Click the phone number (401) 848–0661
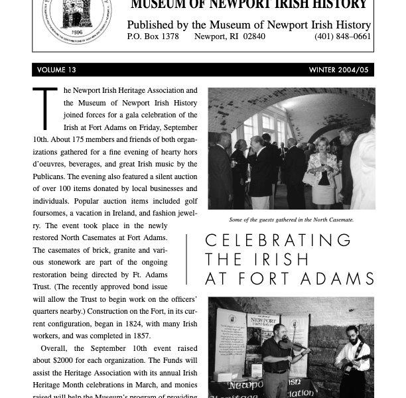[x=342, y=36]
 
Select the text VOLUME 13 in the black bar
[x=56, y=70]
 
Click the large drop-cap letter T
[x=45, y=108]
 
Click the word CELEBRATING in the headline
[x=279, y=240]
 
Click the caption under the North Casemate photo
[x=291, y=220]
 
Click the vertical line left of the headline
[x=186, y=259]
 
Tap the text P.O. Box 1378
[x=153, y=36]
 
